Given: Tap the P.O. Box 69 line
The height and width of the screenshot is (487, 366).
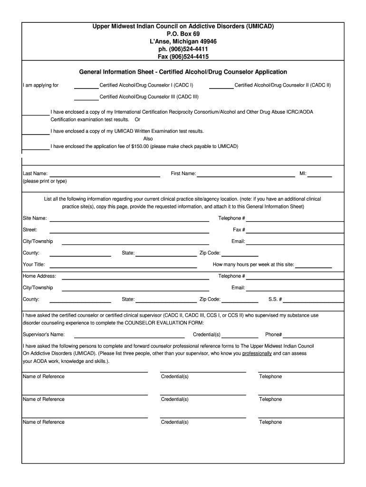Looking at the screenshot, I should [x=183, y=34].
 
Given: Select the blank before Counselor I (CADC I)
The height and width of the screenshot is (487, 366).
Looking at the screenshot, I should [x=87, y=88].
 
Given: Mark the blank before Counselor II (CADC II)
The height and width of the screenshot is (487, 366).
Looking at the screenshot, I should [x=221, y=88].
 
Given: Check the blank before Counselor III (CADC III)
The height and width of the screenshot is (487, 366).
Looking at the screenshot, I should [x=87, y=99].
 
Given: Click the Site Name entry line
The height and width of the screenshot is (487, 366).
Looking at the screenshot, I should [x=129, y=220].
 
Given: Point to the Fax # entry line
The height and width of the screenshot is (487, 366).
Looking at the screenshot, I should [x=294, y=232].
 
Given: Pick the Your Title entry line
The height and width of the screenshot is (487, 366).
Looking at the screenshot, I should [x=123, y=266].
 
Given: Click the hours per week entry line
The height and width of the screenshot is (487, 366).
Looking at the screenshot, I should [x=314, y=266].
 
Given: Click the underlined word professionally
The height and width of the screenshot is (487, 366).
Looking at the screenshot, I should [x=257, y=354].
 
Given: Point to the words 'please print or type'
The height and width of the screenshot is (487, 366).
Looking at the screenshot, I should [x=45, y=181].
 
